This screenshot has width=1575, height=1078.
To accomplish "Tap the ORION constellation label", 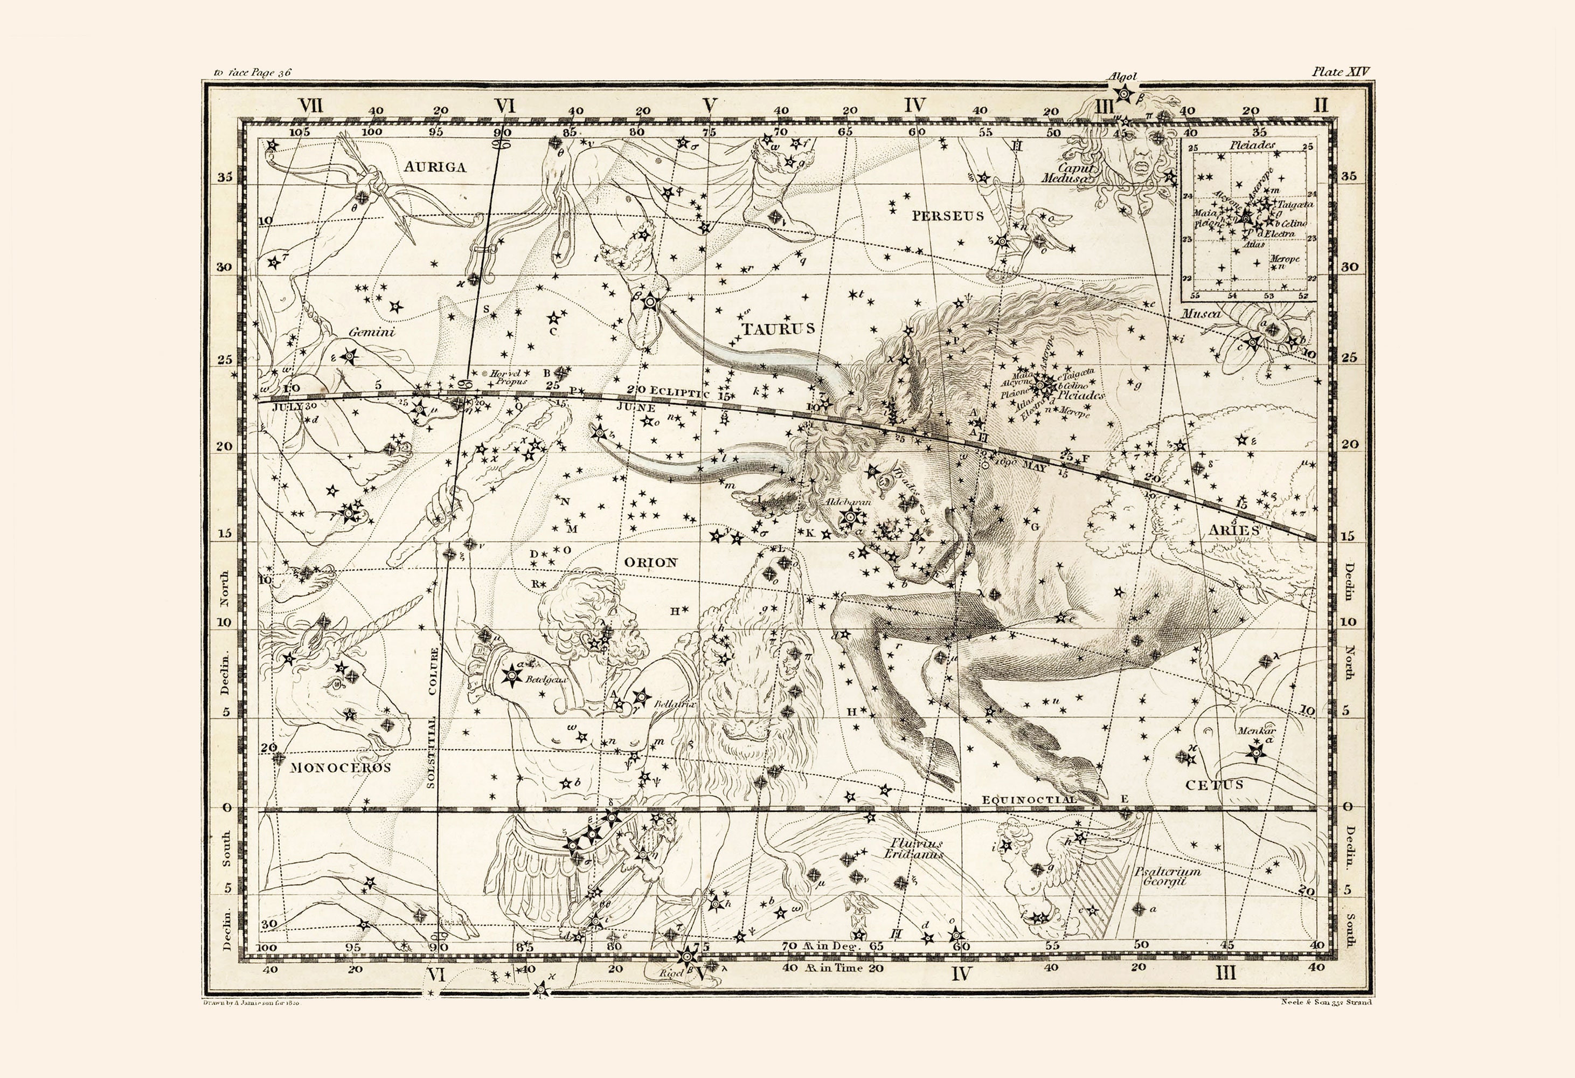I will click(x=650, y=562).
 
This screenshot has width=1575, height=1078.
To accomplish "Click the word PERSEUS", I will click(x=947, y=216).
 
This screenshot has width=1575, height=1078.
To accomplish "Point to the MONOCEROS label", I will click(x=340, y=768).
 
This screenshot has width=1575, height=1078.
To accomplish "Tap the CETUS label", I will click(x=1215, y=785).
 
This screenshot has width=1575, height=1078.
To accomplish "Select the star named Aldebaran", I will click(x=850, y=516).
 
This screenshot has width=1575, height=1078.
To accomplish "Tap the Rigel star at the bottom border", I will click(x=687, y=957).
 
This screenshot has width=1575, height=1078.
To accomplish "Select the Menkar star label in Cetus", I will click(x=1257, y=731).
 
